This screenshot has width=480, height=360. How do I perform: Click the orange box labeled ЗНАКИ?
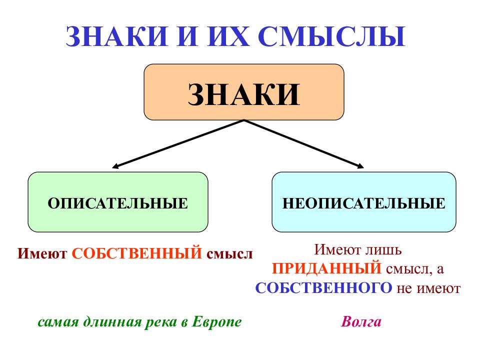click(243, 92)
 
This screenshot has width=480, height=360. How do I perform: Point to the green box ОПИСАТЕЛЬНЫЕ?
click(118, 202)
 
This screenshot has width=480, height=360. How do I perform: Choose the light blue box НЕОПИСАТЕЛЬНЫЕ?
click(363, 202)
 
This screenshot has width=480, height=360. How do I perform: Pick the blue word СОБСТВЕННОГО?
click(323, 288)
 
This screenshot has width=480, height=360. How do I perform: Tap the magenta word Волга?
click(361, 321)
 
